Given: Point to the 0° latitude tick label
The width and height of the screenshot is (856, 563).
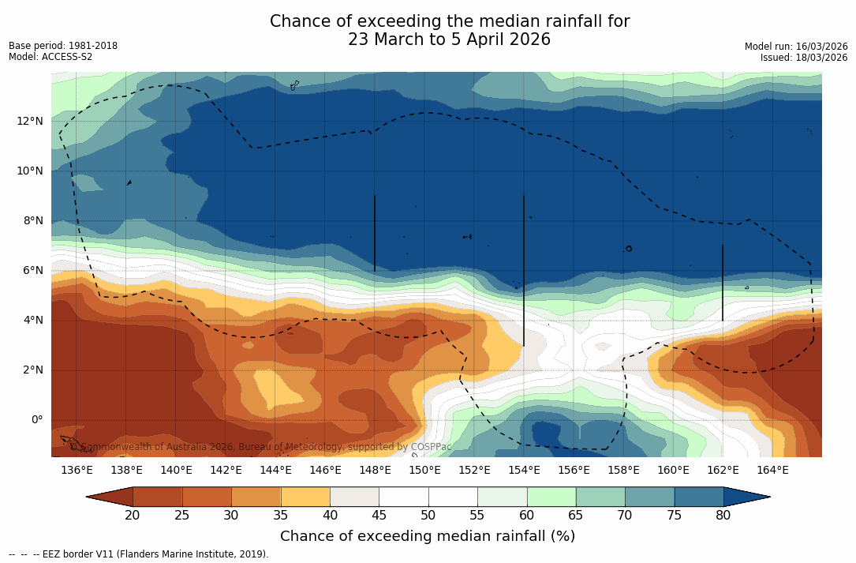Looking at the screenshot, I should tap(36, 419).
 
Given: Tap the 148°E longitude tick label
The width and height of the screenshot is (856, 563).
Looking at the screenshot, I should tap(375, 471).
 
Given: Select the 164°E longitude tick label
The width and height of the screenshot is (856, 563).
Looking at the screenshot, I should tap(772, 471).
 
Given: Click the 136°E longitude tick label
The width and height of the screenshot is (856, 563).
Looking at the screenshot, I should tap(77, 471).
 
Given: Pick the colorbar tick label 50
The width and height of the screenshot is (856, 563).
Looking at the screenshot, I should tap(428, 516).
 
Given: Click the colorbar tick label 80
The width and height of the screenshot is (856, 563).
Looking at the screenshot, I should tap(723, 516).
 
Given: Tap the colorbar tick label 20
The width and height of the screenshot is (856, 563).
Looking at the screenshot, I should tap(133, 516).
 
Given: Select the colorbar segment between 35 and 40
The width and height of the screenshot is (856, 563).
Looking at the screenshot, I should tap(305, 497).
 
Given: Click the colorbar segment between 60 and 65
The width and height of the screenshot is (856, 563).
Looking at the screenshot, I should tap(551, 497).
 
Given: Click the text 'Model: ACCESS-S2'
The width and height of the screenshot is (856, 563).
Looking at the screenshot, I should tap(50, 57).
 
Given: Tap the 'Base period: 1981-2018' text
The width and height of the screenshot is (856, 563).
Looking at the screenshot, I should tap(63, 46).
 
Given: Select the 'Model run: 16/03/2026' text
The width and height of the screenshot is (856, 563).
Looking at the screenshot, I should tap(796, 47).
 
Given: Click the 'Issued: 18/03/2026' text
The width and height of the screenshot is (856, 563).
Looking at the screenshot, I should tap(804, 58).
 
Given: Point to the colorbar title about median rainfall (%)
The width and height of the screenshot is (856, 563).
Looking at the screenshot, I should tap(428, 536).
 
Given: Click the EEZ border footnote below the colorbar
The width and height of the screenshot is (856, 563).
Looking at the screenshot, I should tap(139, 554).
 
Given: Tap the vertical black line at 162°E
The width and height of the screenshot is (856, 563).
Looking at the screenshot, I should tap(723, 283).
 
